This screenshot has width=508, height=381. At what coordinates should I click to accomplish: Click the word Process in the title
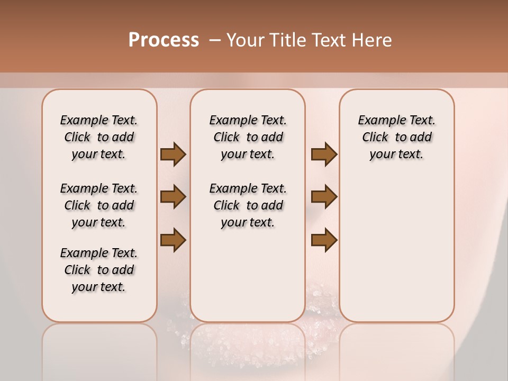(x=164, y=40)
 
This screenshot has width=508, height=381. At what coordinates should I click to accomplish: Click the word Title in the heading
(x=288, y=40)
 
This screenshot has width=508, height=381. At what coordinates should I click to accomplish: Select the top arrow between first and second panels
(x=173, y=154)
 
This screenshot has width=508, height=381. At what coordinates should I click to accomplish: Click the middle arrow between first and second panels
(x=173, y=197)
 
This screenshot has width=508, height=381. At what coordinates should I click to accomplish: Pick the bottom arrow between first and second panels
(x=173, y=240)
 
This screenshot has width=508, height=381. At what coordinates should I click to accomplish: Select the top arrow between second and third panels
(x=324, y=154)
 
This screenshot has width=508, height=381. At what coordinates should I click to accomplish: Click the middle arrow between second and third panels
(x=324, y=197)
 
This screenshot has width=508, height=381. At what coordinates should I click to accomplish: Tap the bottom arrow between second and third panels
(x=324, y=240)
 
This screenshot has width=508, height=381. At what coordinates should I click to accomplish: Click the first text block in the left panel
(x=99, y=137)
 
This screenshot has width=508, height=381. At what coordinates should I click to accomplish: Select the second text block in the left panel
(x=99, y=205)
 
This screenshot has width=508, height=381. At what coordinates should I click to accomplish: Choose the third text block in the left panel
(x=99, y=270)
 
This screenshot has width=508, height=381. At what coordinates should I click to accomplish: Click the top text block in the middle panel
(x=248, y=137)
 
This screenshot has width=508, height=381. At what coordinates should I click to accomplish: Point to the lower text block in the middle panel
(x=248, y=205)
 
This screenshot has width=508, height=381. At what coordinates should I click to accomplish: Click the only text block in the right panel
(x=396, y=137)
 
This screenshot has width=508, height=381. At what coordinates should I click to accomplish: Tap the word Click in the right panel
(x=375, y=138)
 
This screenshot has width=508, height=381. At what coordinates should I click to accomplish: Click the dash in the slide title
(x=215, y=41)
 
